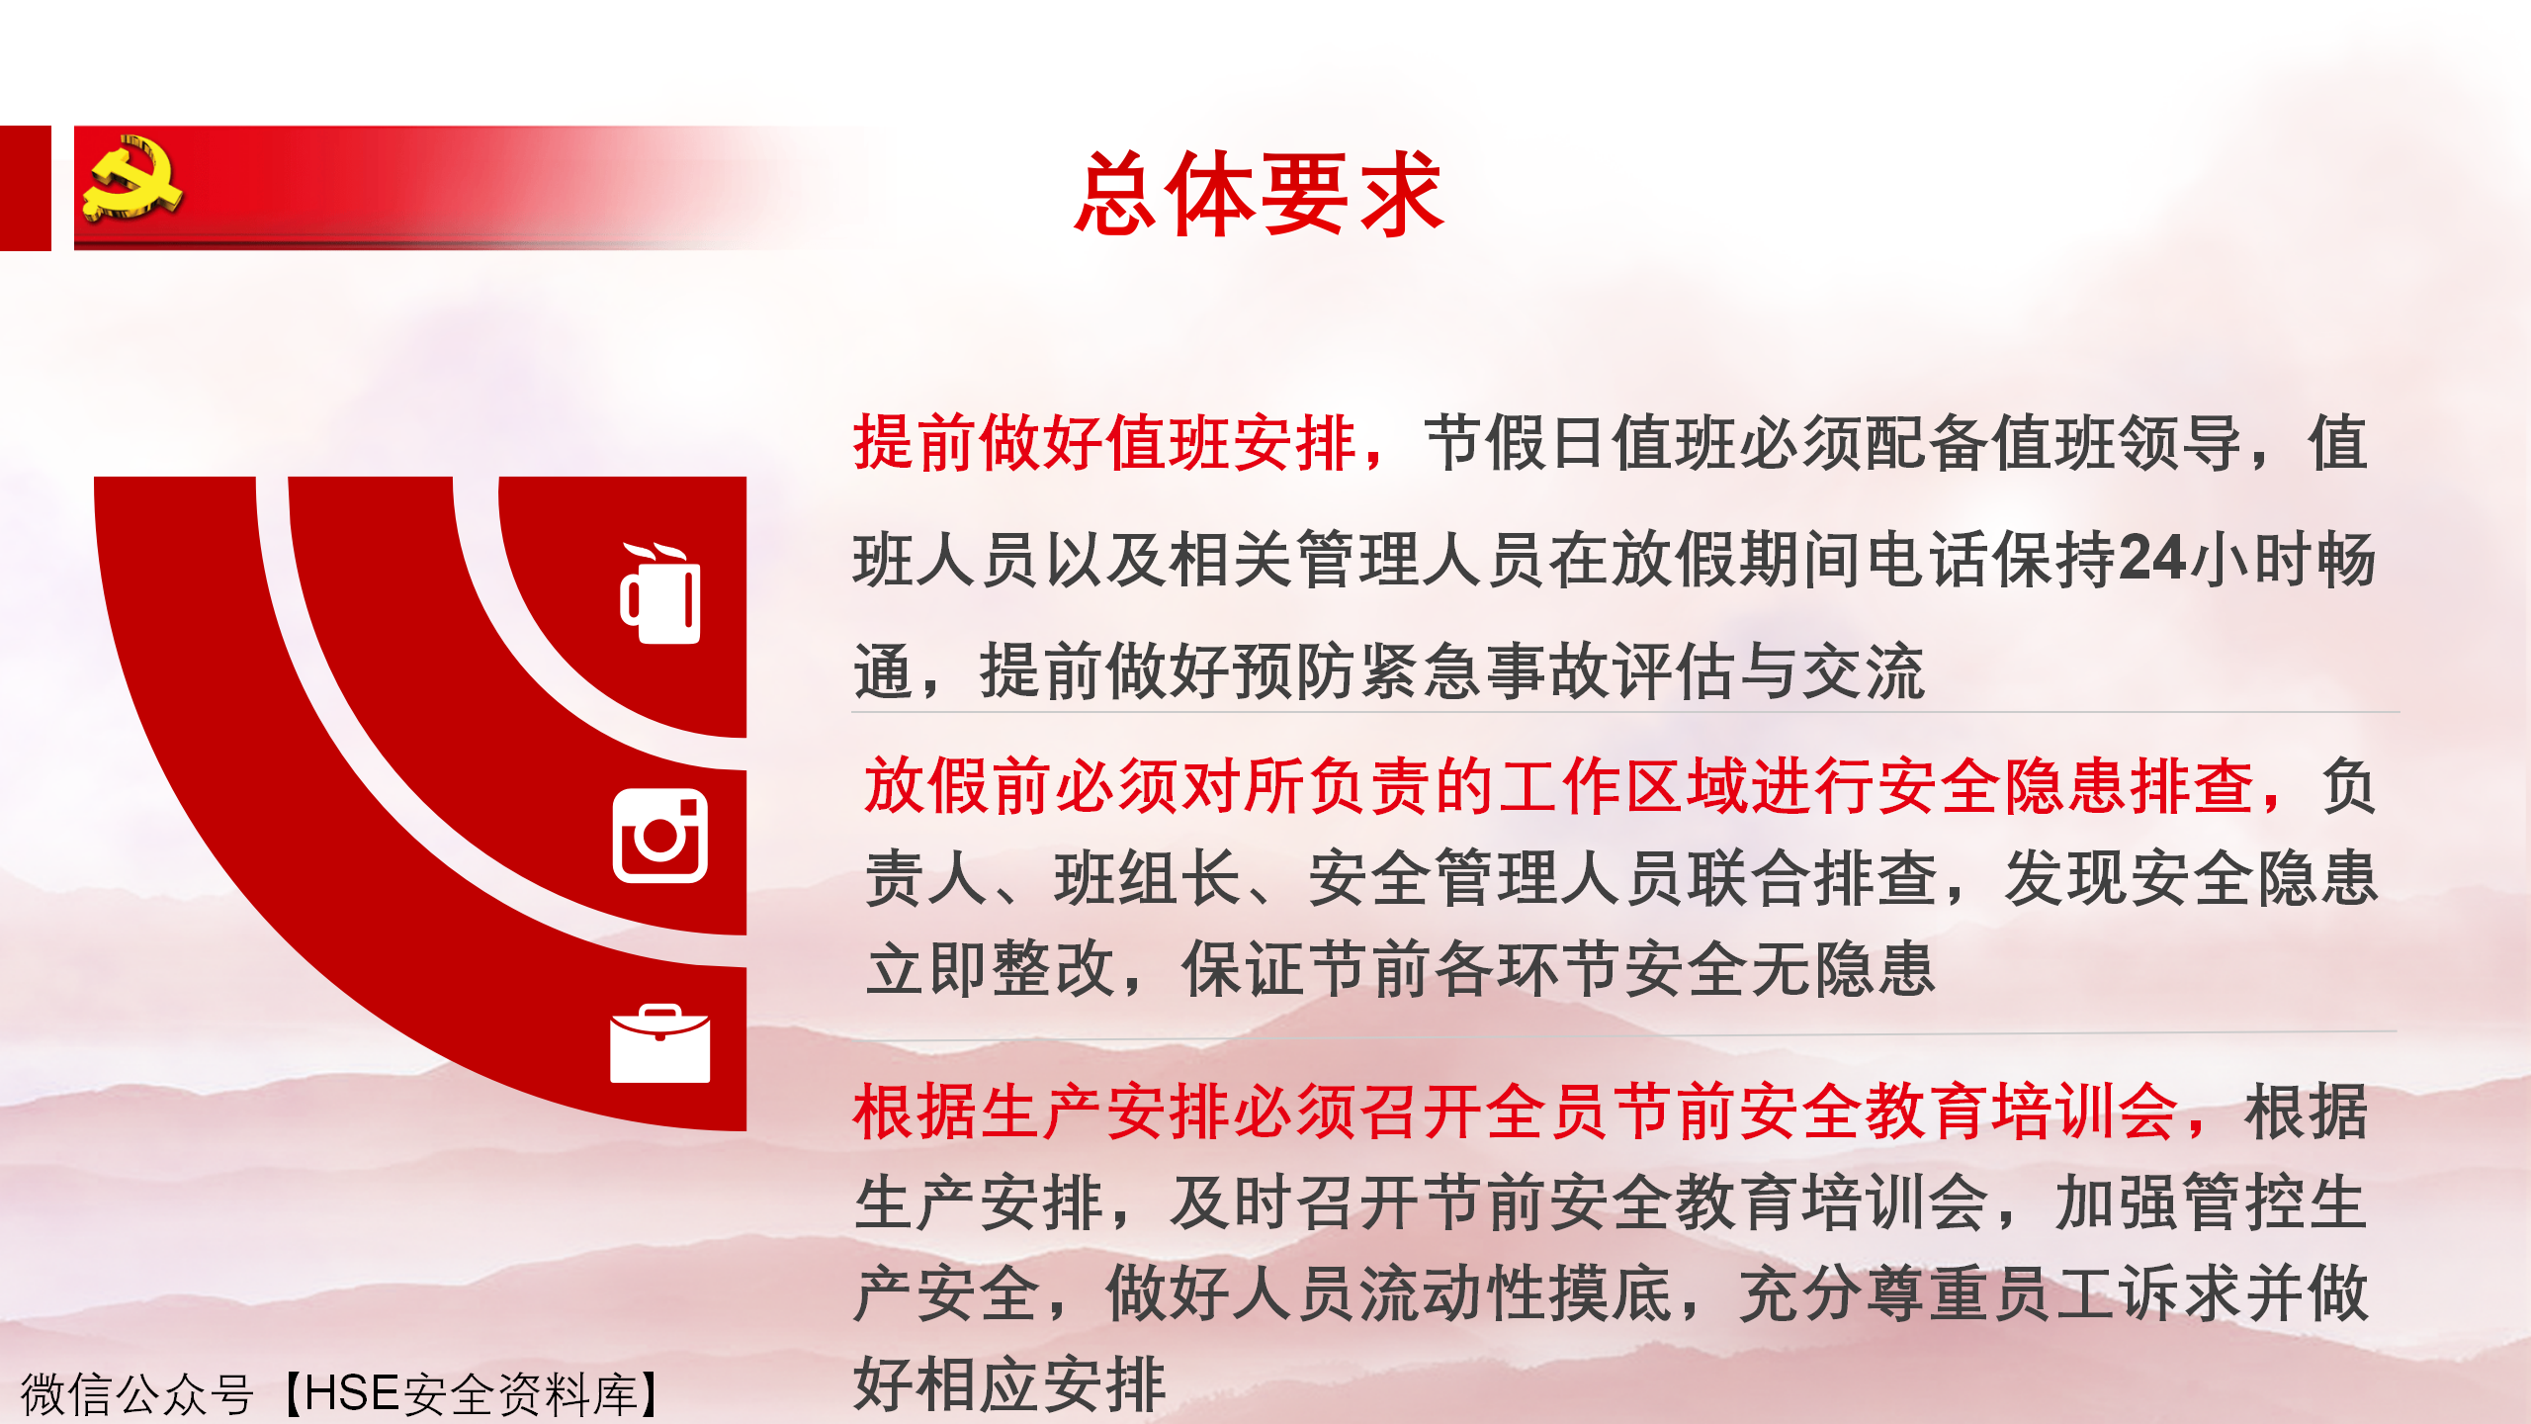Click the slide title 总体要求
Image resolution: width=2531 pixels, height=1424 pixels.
click(1259, 194)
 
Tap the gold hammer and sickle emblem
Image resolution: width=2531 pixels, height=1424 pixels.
click(132, 177)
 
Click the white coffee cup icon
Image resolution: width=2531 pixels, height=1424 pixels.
click(660, 592)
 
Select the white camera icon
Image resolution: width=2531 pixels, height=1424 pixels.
click(660, 836)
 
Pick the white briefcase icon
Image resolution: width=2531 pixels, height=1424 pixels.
click(660, 1043)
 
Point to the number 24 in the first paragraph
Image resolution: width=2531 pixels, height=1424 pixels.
click(2152, 558)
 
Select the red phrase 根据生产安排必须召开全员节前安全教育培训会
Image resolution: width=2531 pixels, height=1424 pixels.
click(1515, 1112)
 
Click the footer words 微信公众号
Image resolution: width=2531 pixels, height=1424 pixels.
click(136, 1394)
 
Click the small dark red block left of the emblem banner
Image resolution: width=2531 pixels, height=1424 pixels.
click(26, 188)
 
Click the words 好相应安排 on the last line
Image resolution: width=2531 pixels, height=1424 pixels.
click(1009, 1383)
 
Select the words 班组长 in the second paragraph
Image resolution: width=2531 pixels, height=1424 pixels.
click(1148, 877)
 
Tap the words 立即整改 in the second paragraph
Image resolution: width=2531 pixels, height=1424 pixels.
click(991, 968)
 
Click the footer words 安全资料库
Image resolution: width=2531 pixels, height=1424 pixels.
click(519, 1394)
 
